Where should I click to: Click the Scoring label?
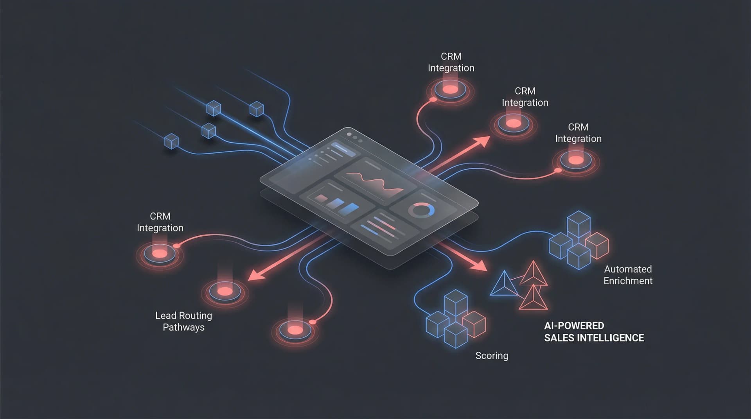point(492,356)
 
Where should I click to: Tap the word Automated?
point(628,269)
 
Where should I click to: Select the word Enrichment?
point(628,281)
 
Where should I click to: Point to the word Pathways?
point(183,328)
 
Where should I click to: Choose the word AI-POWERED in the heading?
point(574,326)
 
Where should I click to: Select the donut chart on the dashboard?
point(421,210)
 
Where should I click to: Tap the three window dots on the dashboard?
point(354,137)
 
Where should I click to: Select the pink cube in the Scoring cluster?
point(474,324)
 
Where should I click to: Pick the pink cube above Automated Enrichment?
point(596,245)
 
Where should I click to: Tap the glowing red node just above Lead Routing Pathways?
point(225,291)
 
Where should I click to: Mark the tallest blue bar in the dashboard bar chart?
point(350,208)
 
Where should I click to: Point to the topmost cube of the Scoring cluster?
point(456,302)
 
